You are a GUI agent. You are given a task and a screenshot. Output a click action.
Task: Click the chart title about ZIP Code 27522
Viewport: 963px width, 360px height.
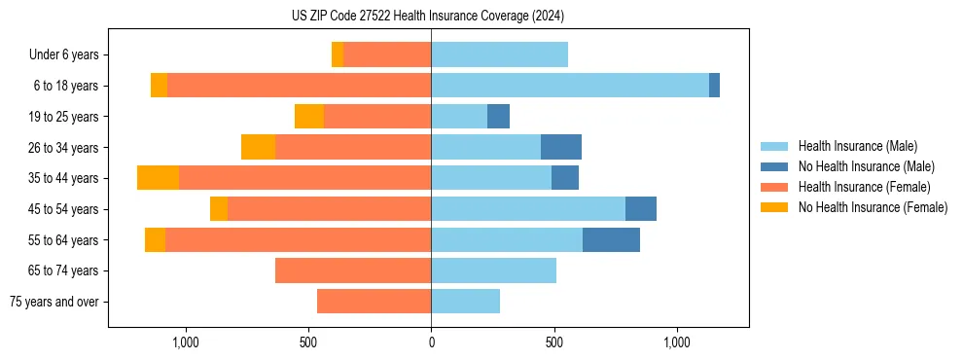[428, 16]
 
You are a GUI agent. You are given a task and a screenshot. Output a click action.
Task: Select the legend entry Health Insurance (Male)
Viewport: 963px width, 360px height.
[856, 146]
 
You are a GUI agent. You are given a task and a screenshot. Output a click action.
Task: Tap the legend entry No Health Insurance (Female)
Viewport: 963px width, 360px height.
[873, 207]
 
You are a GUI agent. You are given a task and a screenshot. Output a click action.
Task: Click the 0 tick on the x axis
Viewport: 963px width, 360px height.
[431, 342]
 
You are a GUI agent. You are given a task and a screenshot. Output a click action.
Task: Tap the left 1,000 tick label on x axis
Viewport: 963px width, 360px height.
[185, 342]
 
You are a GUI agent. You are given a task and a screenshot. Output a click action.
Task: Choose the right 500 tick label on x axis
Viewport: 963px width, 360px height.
[553, 342]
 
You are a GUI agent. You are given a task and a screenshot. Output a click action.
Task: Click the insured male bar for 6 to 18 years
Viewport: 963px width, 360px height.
[570, 86]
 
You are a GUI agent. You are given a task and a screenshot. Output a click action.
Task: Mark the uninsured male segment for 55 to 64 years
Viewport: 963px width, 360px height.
[611, 239]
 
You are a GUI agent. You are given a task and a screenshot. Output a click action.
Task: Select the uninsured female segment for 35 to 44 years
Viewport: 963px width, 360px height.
[158, 178]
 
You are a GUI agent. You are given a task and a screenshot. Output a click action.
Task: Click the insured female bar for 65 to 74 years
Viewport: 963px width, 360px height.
[353, 270]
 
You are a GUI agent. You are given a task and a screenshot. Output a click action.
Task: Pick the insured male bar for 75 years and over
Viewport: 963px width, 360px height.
[465, 302]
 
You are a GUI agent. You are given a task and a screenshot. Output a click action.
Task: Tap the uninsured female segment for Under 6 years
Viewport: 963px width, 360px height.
[338, 55]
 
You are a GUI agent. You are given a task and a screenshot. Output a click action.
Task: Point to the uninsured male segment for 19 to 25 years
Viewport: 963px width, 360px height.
[498, 117]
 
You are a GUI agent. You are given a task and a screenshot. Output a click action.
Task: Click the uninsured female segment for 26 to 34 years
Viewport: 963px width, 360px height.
[258, 147]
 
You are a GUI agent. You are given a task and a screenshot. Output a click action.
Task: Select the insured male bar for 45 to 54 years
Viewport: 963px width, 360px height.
[528, 209]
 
